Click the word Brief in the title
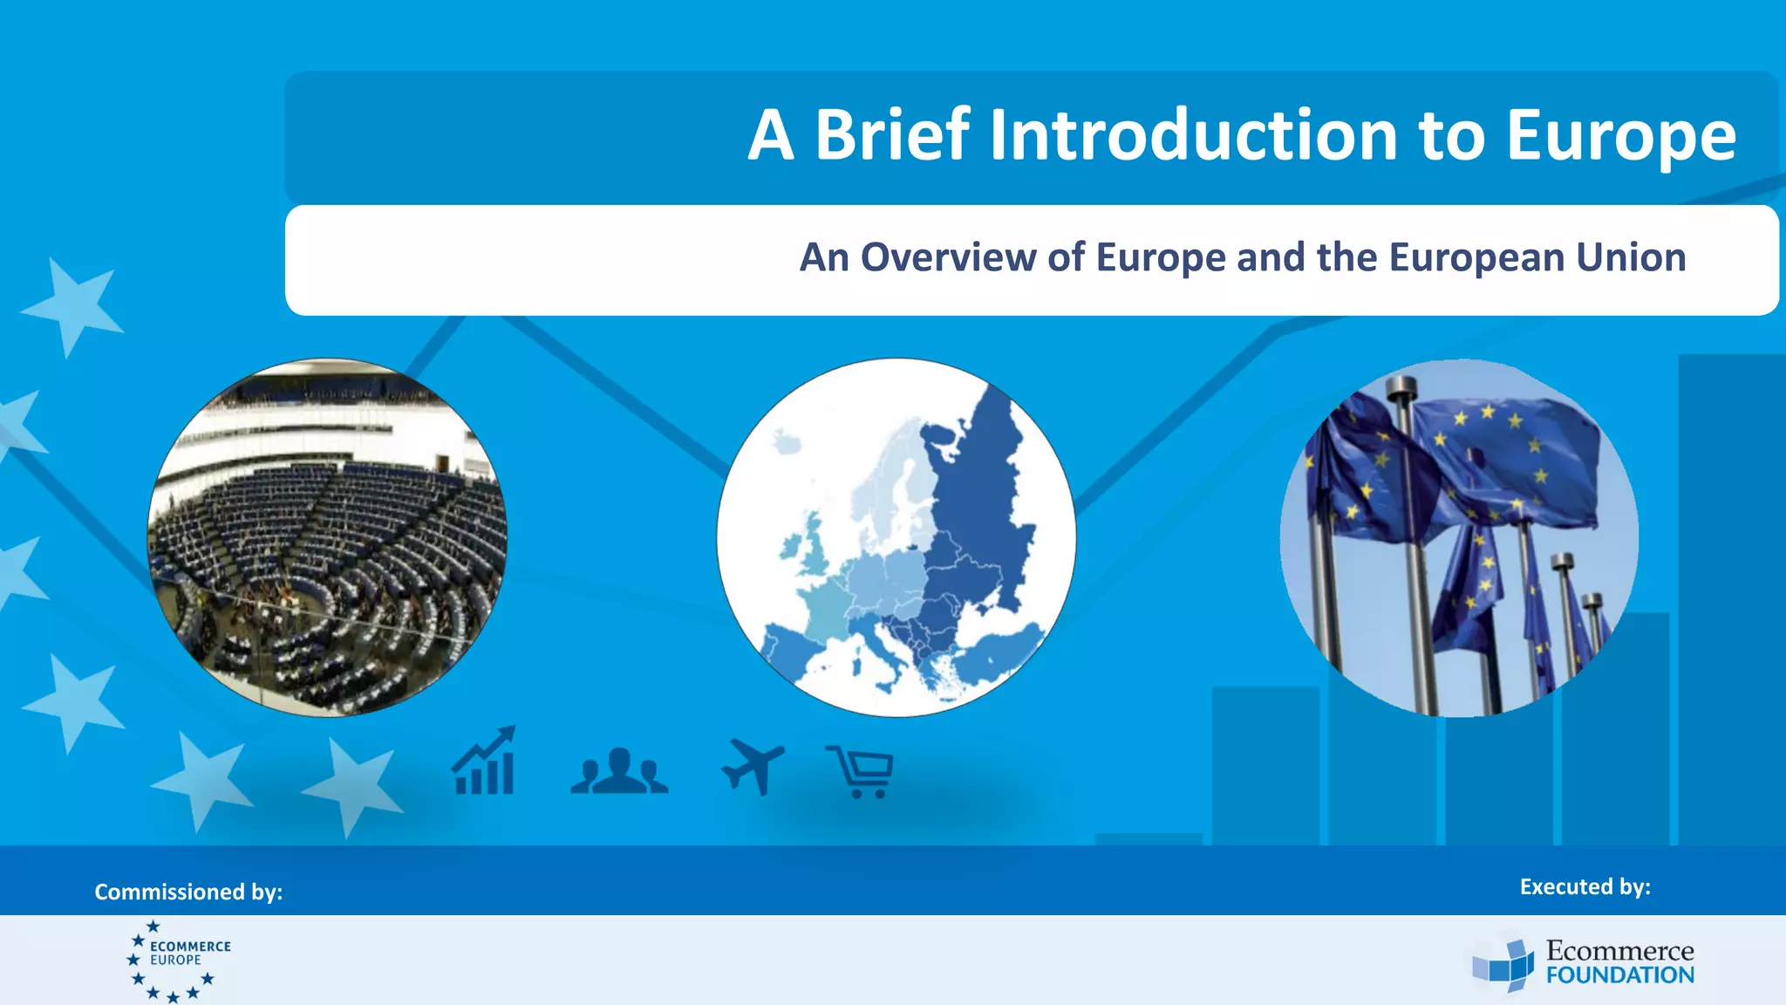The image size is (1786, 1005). coord(891,135)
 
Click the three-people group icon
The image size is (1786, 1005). coord(619,771)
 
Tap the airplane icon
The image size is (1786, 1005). coord(752,766)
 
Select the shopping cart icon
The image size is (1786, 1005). coord(861,771)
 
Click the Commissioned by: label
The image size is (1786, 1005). coord(188,892)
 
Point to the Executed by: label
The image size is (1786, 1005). coord(1585,886)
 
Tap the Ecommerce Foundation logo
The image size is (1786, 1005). coord(1583,963)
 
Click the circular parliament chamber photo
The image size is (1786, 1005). coord(327,537)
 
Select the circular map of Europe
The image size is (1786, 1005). coord(896,537)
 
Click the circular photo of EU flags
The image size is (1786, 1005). coord(1458,537)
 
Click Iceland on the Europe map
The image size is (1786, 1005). coord(787,442)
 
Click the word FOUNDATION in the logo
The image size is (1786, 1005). coord(1619,975)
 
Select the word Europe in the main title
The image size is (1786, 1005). coord(1620,135)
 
